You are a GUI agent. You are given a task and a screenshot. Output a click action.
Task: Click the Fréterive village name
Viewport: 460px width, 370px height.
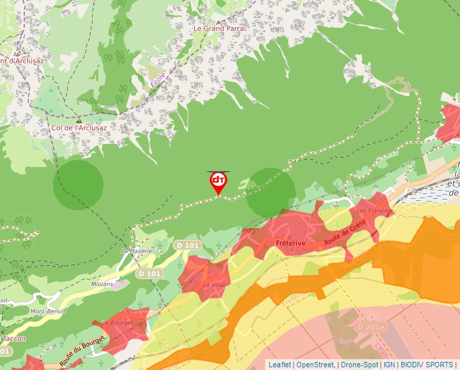click(x=292, y=242)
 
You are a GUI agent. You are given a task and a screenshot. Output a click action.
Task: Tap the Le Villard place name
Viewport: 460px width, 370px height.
click(x=216, y=285)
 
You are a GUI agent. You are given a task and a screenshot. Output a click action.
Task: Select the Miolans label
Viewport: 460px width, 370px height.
click(x=103, y=284)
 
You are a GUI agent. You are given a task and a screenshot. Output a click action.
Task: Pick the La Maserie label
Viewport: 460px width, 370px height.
click(x=136, y=250)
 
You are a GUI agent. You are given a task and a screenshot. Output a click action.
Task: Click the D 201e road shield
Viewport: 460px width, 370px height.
click(x=370, y=327)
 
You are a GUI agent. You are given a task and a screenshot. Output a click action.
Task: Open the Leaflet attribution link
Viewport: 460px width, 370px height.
click(x=279, y=365)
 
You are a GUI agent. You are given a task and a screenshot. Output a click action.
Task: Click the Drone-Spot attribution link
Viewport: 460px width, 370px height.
click(x=359, y=365)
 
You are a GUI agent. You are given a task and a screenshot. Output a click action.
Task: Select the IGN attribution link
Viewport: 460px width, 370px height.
click(x=390, y=365)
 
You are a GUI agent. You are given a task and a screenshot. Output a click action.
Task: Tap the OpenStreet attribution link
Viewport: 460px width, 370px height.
click(x=315, y=365)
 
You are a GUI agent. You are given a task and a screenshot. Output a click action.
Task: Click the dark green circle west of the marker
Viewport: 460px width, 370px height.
click(x=78, y=185)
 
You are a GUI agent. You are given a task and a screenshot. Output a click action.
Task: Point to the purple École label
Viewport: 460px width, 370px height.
click(x=158, y=79)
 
